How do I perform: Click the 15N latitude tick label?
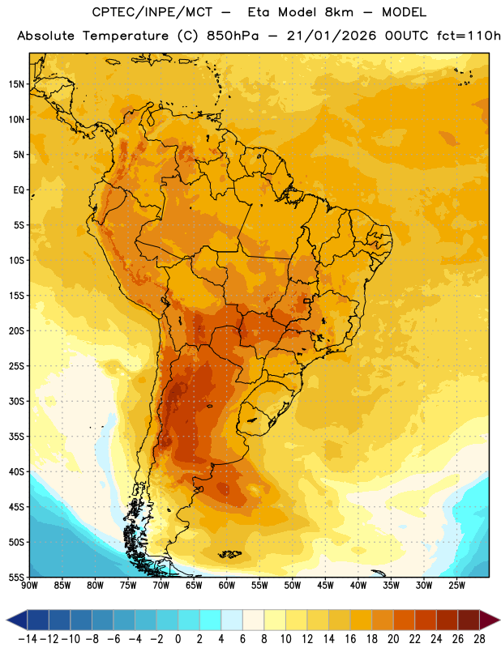tap(16, 84)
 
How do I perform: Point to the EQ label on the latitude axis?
tap(19, 190)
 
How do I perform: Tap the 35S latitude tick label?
tap(16, 437)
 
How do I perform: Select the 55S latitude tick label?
tap(16, 577)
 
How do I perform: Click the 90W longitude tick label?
tap(29, 585)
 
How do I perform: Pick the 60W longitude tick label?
tap(227, 585)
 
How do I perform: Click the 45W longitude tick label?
tap(325, 585)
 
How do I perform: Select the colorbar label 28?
tap(479, 639)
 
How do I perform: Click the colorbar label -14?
tap(28, 639)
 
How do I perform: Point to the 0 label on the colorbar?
tap(178, 639)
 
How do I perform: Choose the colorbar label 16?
tap(350, 639)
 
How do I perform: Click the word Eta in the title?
tap(259, 12)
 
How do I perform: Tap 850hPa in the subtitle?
tap(233, 36)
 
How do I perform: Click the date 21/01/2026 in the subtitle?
tap(332, 36)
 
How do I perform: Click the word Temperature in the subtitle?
tap(125, 36)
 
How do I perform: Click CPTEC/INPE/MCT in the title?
tap(152, 12)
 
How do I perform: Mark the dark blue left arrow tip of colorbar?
tap(7, 620)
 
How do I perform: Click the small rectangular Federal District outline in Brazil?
tap(307, 301)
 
